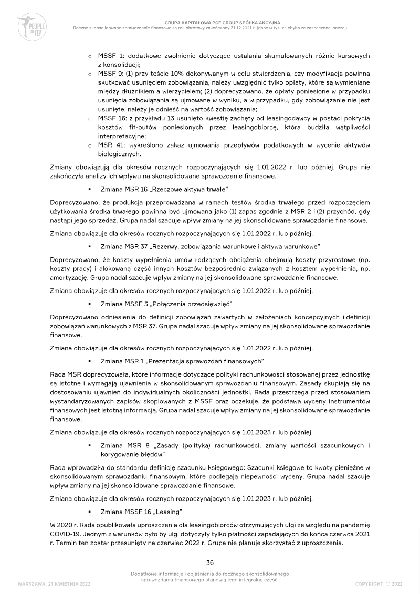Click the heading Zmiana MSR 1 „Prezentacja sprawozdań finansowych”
182,361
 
